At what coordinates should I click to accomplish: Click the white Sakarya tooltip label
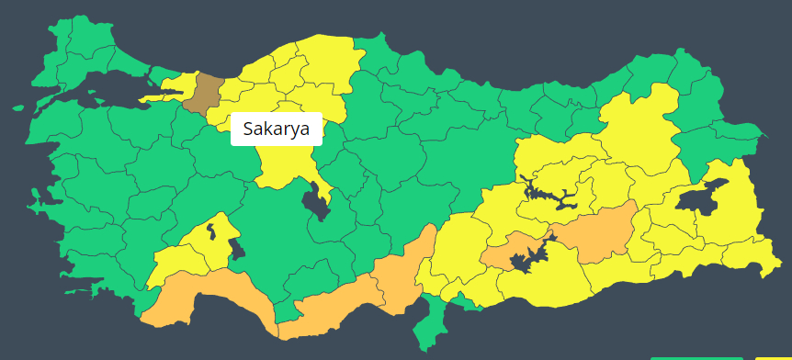click(276, 129)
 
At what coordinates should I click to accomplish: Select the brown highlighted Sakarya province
click(204, 93)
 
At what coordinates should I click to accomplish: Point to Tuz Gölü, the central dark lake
click(318, 202)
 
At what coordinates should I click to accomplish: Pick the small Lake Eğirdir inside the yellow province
click(212, 227)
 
